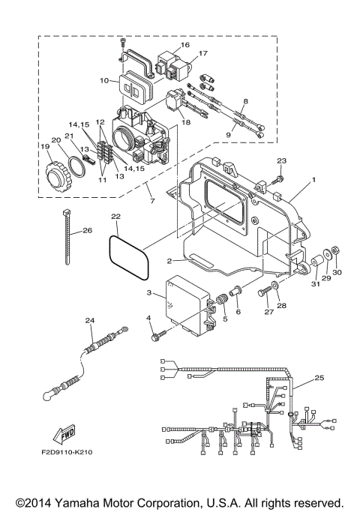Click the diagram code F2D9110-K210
pos(63,453)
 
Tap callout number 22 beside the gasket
pos(115,217)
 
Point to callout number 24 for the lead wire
pos(89,321)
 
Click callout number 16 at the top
pos(184,45)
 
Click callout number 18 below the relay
pos(185,121)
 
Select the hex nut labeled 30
pos(337,249)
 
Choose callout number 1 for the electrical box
pos(314,181)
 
